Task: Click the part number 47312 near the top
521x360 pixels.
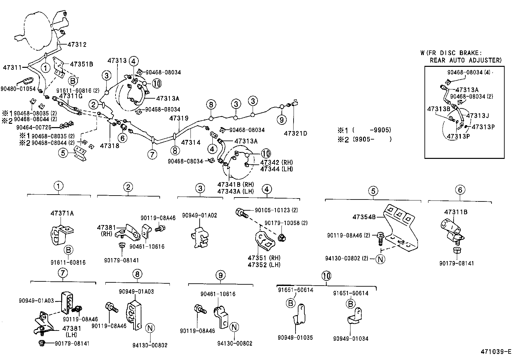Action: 77,44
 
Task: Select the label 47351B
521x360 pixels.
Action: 81,64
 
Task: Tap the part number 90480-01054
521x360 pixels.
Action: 18,89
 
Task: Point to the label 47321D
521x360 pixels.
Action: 296,134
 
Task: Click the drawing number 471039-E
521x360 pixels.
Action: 496,352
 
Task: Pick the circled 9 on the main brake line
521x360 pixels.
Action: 281,120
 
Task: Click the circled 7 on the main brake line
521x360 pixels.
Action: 152,154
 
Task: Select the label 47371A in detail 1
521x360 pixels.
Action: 62,213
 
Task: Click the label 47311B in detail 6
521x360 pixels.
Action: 456,212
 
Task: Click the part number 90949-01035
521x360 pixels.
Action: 295,338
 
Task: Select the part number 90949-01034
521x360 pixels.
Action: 351,338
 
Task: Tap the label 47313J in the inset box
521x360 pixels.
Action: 477,116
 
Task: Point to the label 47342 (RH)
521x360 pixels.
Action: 277,162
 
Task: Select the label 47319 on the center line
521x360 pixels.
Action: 179,119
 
